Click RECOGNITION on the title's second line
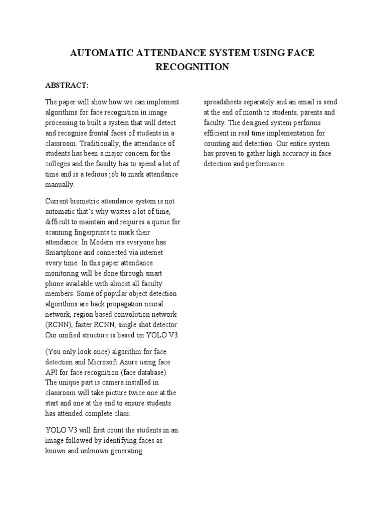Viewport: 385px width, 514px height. (192, 67)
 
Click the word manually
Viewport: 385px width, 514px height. (59, 185)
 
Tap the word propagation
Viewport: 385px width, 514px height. (122, 304)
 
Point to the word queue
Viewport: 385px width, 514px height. (165, 222)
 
